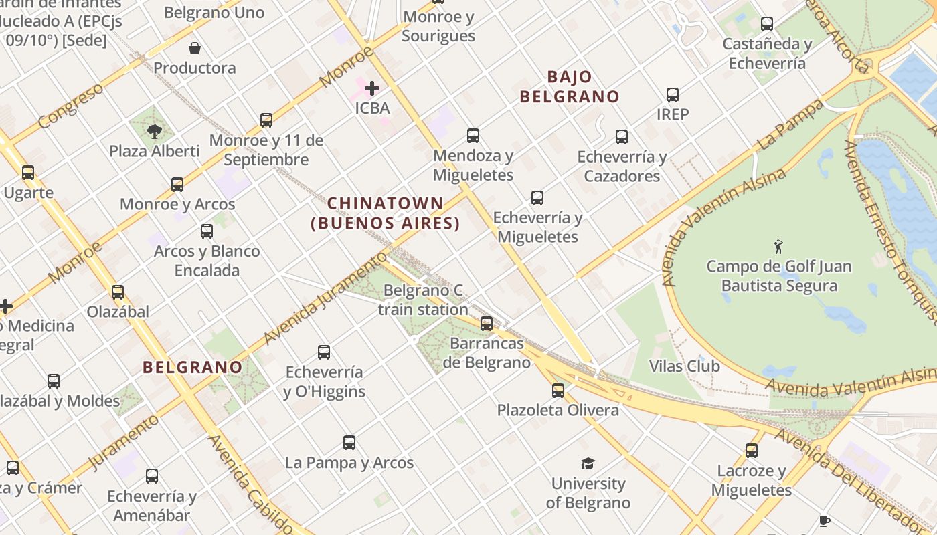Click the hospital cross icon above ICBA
pos(372,88)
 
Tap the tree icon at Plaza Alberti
pos(155,131)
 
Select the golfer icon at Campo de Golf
pos(778,247)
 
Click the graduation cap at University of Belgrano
pos(588,463)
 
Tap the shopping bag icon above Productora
pos(195,48)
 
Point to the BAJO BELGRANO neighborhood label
pos(570,86)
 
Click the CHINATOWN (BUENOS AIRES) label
pos(386,213)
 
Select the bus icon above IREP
pos(673,95)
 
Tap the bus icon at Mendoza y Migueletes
pos(473,136)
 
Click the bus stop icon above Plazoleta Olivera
pos(558,391)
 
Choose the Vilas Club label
pos(684,366)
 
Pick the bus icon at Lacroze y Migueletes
pos(752,451)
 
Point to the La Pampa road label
pos(790,124)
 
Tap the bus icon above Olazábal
pos(118,292)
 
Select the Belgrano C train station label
pos(422,300)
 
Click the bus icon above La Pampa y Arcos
pos(349,442)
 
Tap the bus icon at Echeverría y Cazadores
pos(622,137)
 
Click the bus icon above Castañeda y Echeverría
pos(767,24)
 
